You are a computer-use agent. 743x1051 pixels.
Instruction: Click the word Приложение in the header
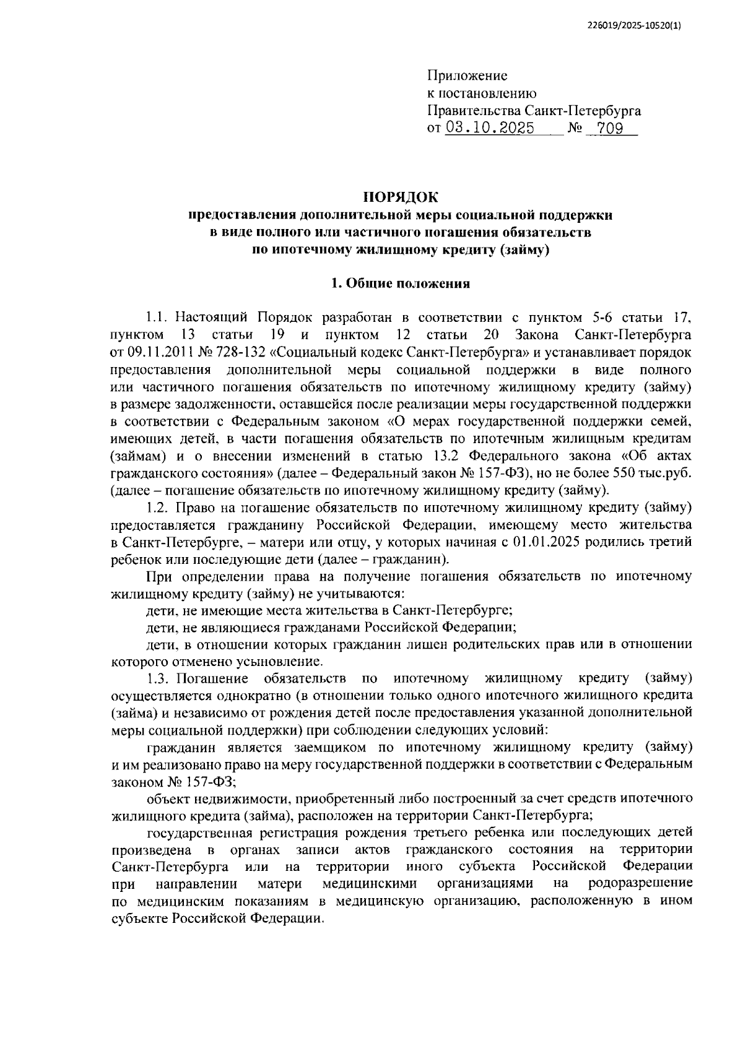coord(467,77)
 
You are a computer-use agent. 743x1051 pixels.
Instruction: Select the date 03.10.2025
coord(490,129)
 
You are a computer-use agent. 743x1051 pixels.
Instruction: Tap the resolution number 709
coord(610,129)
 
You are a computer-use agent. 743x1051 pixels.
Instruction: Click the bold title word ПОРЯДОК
coord(399,197)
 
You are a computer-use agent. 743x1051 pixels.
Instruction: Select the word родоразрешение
coord(640,883)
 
